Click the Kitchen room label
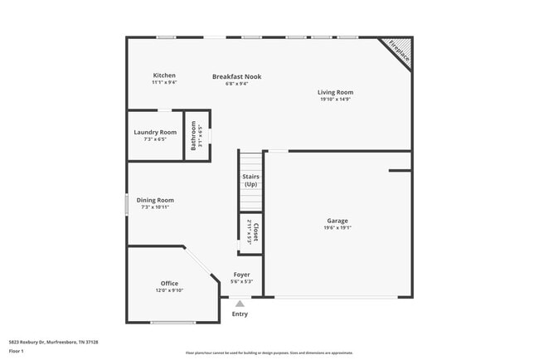tap(163, 75)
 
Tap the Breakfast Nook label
tap(236, 76)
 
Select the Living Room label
tap(336, 92)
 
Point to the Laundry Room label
tap(155, 132)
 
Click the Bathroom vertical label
tap(194, 135)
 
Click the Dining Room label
tap(155, 200)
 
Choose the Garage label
tap(337, 221)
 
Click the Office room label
tap(169, 284)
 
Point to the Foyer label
tap(241, 275)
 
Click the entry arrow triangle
tap(240, 304)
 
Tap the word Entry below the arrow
tap(240, 314)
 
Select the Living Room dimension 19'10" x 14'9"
tap(336, 100)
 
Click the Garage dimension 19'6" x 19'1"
tap(337, 228)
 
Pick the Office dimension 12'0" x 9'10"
tap(169, 291)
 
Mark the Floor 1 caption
tap(17, 351)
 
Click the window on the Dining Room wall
tap(126, 204)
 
